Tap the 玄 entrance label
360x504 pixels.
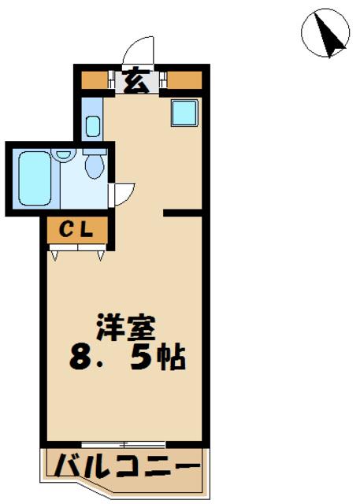coord(137,80)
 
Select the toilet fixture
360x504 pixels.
coord(95,165)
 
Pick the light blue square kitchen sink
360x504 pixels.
coord(184,115)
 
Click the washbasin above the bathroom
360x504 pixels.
coord(91,124)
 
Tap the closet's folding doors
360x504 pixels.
coord(78,252)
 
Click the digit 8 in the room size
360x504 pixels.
coord(79,359)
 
